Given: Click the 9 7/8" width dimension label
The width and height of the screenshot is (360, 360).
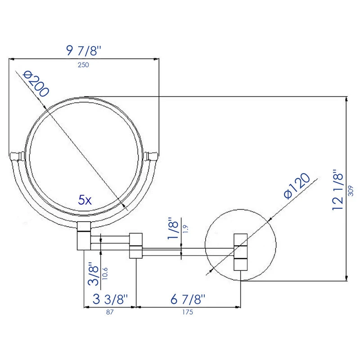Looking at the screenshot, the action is (83, 51).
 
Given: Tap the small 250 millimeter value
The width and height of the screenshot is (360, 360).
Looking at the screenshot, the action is (83, 65).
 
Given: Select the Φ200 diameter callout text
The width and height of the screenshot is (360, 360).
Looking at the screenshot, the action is (36, 84).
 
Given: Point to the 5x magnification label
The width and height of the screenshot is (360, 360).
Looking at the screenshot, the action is (85, 200).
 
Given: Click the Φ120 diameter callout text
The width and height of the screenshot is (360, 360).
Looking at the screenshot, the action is (297, 186).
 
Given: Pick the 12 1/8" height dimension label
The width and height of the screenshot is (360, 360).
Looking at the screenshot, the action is (337, 189).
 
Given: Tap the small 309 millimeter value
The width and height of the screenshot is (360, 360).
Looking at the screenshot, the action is (351, 191).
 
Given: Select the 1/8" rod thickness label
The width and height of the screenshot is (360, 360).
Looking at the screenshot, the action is (173, 228).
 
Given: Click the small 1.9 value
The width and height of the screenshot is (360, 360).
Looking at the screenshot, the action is (185, 229).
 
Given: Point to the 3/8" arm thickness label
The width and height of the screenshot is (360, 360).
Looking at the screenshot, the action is (93, 274).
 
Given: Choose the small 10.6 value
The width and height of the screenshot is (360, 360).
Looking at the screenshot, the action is (105, 274).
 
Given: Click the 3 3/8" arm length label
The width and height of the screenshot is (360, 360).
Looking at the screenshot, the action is (110, 299).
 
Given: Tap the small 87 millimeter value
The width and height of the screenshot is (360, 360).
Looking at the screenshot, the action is (110, 312).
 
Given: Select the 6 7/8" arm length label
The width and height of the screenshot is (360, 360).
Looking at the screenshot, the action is (188, 299).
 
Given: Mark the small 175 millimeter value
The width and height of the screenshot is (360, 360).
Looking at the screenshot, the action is (188, 312).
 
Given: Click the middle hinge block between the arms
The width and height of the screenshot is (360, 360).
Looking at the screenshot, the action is (136, 246).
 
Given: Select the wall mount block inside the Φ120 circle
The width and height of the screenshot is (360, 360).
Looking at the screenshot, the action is (241, 252).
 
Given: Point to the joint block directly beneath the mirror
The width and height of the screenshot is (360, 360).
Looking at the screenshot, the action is (84, 236).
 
